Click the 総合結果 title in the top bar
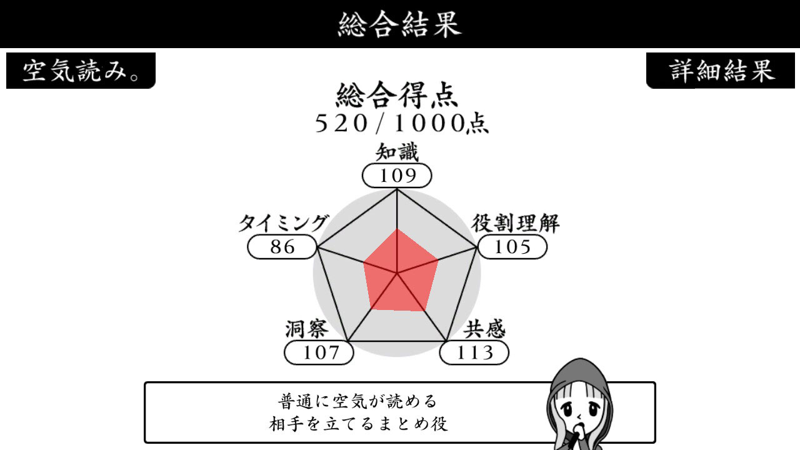pyautogui.click(x=399, y=24)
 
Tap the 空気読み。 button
pyautogui.click(x=81, y=71)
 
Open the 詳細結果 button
pyautogui.click(x=721, y=71)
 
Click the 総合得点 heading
pyautogui.click(x=397, y=94)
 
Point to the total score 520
pyautogui.click(x=341, y=124)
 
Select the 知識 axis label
pyautogui.click(x=397, y=152)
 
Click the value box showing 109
pyautogui.click(x=397, y=176)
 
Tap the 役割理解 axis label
pyautogui.click(x=516, y=223)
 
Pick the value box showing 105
pyautogui.click(x=512, y=247)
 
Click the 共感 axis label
pyautogui.click(x=484, y=329)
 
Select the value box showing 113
pyautogui.click(x=474, y=353)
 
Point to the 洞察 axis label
pyautogui.click(x=307, y=329)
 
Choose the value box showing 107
pyautogui.click(x=319, y=353)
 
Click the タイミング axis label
pyautogui.click(x=283, y=223)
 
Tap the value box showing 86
pyautogui.click(x=282, y=247)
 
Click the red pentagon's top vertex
pyautogui.click(x=397, y=229)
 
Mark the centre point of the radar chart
pyautogui.click(x=397, y=273)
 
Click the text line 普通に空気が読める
pyautogui.click(x=357, y=401)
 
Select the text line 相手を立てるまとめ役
pyautogui.click(x=358, y=424)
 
